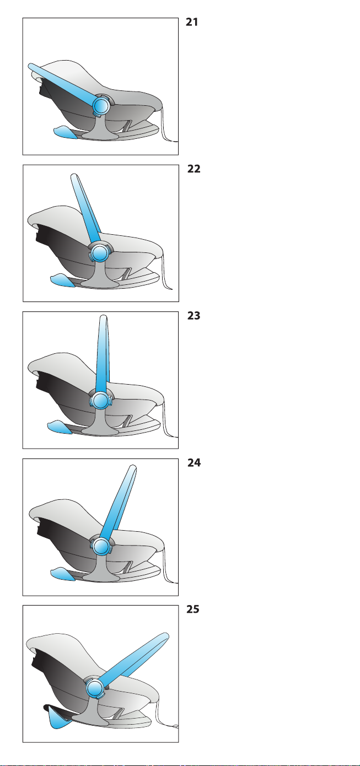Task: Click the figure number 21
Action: tap(192, 22)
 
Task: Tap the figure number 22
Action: tap(194, 169)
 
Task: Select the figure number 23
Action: tap(194, 315)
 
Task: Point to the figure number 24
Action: tap(194, 462)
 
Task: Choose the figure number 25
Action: tap(192, 609)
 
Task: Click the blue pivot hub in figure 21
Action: tap(101, 105)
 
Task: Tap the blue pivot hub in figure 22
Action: tap(99, 253)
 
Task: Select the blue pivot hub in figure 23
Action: tap(100, 401)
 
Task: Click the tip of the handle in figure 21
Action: tap(30, 66)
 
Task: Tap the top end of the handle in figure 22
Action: tap(74, 176)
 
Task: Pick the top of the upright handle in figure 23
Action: tap(103, 317)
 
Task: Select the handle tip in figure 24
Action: tap(133, 467)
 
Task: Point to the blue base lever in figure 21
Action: tap(65, 132)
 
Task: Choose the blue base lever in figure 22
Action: tap(63, 280)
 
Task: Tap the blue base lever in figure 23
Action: tap(60, 427)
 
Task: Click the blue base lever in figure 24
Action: tap(63, 574)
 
